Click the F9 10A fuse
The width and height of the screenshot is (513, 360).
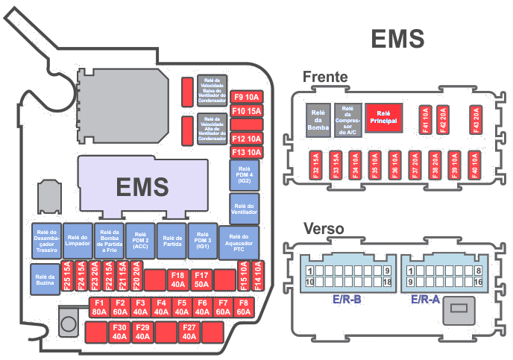[247, 97]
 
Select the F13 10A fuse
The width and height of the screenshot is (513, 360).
[247, 152]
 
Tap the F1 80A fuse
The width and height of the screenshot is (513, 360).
[99, 308]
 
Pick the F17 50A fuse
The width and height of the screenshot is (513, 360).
[201, 280]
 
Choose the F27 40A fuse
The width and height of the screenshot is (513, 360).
[189, 332]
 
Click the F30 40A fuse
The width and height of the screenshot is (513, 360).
[119, 332]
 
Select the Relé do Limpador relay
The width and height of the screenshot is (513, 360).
[78, 241]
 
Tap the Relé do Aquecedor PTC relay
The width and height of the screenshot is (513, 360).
[239, 242]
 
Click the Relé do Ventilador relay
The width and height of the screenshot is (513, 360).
[245, 209]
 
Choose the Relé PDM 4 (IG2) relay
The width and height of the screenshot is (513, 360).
[245, 176]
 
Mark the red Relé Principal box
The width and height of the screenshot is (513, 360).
[384, 116]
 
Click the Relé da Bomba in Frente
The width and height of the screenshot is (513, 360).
[318, 119]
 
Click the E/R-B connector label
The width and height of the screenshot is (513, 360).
[347, 300]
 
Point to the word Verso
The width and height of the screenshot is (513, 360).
[323, 229]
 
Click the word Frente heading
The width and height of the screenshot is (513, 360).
[326, 77]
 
